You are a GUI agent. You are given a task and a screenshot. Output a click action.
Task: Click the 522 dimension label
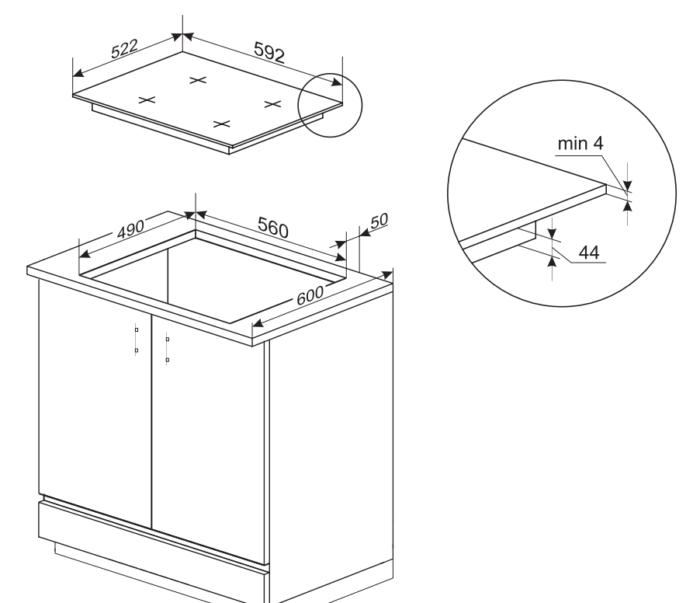124,49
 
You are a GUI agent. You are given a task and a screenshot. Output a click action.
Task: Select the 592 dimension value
269,52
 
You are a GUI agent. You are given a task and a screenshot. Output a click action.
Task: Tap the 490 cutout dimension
130,229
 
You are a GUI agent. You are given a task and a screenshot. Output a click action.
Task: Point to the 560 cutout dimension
273,227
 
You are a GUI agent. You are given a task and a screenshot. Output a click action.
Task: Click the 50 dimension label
379,221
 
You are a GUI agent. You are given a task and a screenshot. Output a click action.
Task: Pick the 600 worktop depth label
310,295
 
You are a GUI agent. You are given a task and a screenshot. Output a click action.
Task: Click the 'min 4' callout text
580,143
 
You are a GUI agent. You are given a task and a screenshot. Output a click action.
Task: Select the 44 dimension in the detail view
589,253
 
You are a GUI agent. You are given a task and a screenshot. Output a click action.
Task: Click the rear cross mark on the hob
198,80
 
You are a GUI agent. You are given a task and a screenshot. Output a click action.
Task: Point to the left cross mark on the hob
147,100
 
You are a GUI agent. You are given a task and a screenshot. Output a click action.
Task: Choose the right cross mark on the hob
272,104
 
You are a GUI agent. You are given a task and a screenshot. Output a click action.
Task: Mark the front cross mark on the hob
221,124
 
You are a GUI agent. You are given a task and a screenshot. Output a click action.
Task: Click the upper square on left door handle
137,329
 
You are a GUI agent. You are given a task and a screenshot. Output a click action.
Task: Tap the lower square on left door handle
137,350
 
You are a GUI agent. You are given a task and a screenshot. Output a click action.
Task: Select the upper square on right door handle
168,340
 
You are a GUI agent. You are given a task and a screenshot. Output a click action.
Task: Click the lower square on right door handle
168,360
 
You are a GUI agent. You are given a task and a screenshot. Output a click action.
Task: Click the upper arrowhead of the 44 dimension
552,232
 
